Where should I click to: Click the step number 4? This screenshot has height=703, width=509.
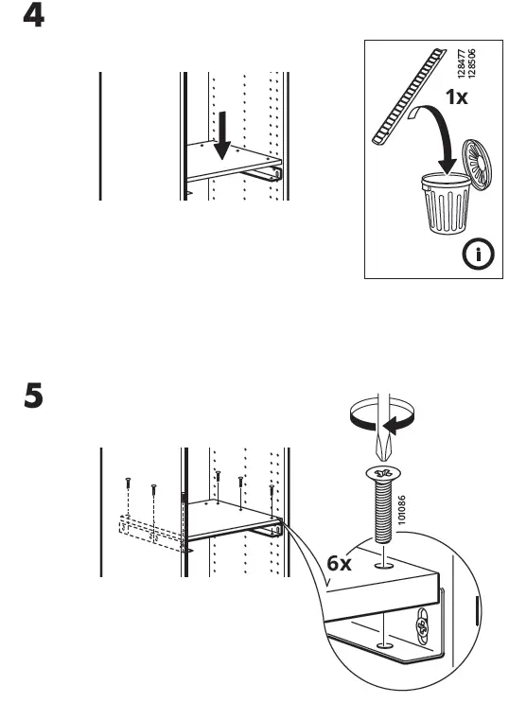[33, 17]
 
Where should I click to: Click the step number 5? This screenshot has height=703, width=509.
[33, 395]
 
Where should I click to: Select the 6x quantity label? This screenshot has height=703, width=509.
[340, 563]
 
